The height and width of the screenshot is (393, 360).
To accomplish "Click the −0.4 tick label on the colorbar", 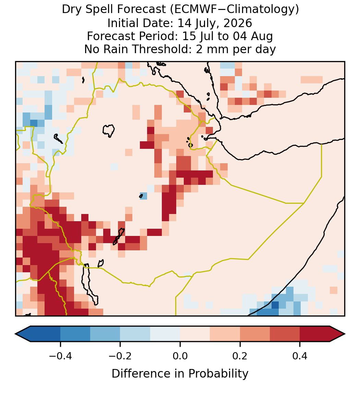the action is (60, 356).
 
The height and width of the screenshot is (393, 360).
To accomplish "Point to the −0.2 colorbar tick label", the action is (120, 356).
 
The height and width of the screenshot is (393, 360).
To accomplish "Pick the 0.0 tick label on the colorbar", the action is (180, 356).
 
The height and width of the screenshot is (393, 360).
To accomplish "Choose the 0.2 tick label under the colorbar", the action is (240, 356).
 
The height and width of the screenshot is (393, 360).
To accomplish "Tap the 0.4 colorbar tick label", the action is (300, 356).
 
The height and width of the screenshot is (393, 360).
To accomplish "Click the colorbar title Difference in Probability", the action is (180, 374).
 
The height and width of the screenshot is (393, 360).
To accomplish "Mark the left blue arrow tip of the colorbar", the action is (15, 334).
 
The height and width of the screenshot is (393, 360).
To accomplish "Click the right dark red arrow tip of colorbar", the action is (345, 334).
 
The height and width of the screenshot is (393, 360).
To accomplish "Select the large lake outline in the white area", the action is (109, 130).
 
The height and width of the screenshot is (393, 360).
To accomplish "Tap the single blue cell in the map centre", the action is (144, 196).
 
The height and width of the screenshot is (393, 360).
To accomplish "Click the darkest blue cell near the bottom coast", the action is (275, 305).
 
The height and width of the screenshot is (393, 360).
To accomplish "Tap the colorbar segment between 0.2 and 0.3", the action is (255, 334).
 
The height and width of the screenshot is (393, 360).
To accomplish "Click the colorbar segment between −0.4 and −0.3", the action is (75, 334).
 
